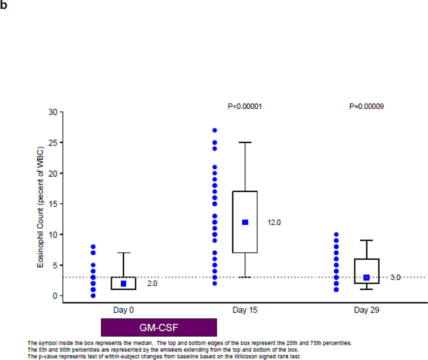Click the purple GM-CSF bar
pyautogui.click(x=159, y=327)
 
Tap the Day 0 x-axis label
pyautogui.click(x=123, y=310)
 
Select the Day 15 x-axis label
pyautogui.click(x=245, y=310)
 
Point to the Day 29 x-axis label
pyautogui.click(x=366, y=310)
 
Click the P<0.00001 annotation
pyautogui.click(x=245, y=106)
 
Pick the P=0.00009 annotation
pyautogui.click(x=366, y=106)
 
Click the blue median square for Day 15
pyautogui.click(x=245, y=222)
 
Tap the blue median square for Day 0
pyautogui.click(x=124, y=283)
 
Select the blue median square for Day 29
pyautogui.click(x=366, y=277)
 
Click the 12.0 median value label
pyautogui.click(x=274, y=223)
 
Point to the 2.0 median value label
pyautogui.click(x=152, y=284)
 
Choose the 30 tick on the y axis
pyautogui.click(x=53, y=112)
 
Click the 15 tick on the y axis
pyautogui.click(x=53, y=204)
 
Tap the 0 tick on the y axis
pyautogui.click(x=55, y=296)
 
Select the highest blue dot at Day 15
pyautogui.click(x=215, y=130)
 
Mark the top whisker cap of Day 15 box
pyautogui.click(x=245, y=143)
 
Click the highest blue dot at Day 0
pyautogui.click(x=93, y=247)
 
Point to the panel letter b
pyautogui.click(x=3, y=7)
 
